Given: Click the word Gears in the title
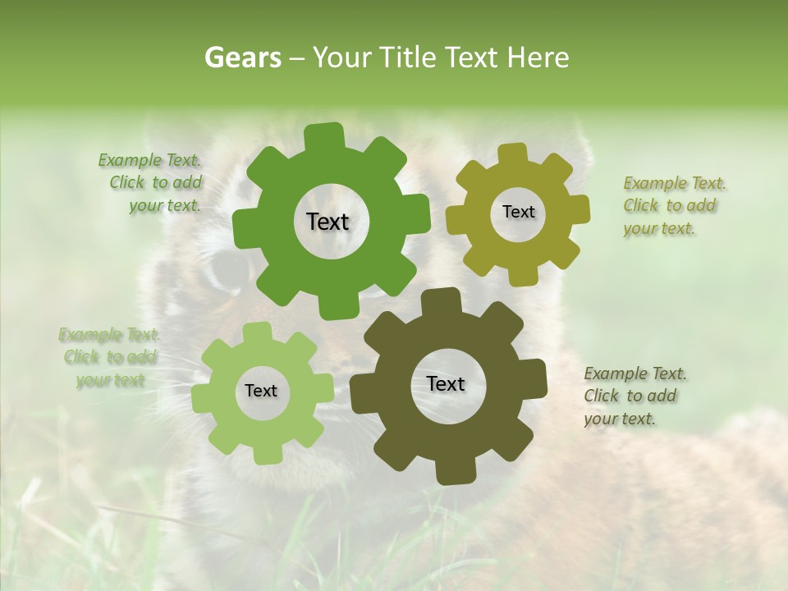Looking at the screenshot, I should pos(242,57).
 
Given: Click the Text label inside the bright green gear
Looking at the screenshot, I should pos(328,222).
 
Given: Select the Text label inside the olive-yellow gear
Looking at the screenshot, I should pos(518,212).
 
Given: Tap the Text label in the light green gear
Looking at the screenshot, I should pos(261,391).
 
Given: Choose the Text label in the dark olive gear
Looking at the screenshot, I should pos(446,383).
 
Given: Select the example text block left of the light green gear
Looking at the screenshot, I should pos(110,357).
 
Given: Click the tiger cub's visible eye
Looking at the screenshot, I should pos(220,272).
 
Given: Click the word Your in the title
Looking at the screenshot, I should pos(338,57).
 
